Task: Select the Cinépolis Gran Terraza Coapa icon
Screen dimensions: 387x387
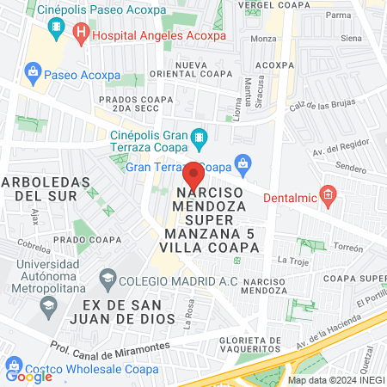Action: tap(200, 137)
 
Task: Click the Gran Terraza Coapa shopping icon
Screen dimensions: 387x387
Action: tap(243, 163)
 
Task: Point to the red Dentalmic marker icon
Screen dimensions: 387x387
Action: tap(328, 195)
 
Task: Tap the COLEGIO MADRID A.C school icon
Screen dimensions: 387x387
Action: tap(107, 278)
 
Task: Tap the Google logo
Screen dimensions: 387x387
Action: tap(28, 376)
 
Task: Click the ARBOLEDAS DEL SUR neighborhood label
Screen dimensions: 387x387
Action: tap(46, 188)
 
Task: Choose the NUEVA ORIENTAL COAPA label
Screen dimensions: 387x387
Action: tap(204, 71)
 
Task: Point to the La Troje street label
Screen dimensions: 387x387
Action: tap(292, 259)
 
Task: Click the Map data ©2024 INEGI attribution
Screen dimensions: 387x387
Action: tap(336, 380)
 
